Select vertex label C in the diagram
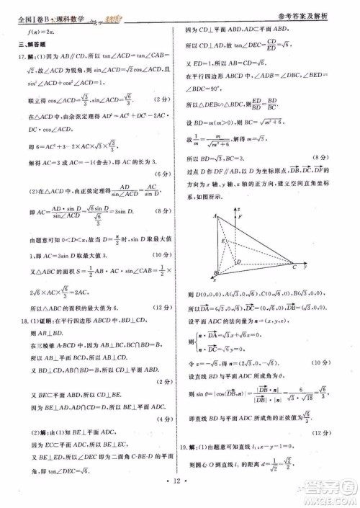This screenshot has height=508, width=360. point(294,267)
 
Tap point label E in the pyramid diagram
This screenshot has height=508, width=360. point(223,241)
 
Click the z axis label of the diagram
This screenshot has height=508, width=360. point(238,208)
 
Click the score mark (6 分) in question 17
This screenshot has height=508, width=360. point(161,174)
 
